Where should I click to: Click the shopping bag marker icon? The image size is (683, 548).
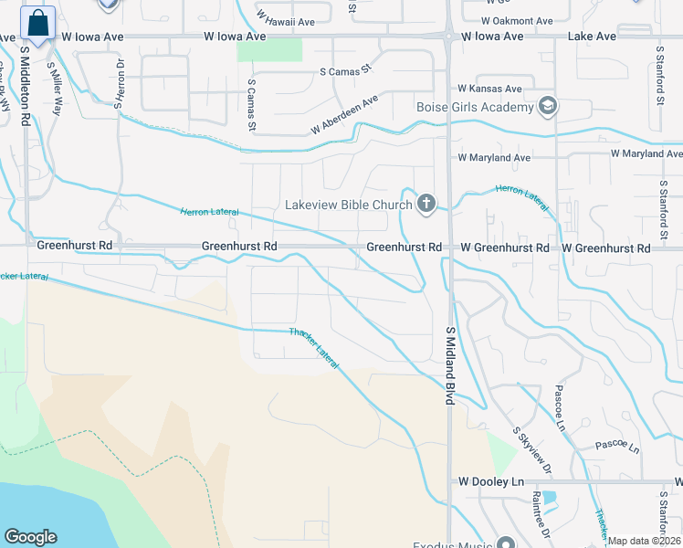[37, 25]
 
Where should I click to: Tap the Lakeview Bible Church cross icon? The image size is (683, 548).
[426, 204]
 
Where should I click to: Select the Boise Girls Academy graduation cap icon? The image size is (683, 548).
[548, 108]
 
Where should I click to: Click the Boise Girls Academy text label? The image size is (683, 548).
[474, 108]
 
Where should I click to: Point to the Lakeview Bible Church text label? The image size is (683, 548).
[348, 205]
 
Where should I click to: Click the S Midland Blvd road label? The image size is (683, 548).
[450, 365]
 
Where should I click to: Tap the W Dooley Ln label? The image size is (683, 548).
[491, 481]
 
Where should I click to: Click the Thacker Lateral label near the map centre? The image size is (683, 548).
[314, 348]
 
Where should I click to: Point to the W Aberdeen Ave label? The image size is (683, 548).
[343, 115]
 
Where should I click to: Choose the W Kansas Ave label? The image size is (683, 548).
[489, 89]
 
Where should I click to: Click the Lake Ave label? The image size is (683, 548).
[592, 37]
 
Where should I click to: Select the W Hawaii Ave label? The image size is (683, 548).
[286, 17]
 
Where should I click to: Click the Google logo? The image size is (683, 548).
[30, 537]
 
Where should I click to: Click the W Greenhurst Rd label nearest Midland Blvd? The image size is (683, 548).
[504, 248]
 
